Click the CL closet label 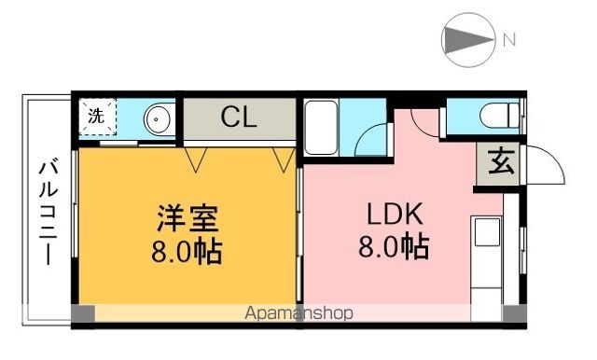pyautogui.click(x=240, y=118)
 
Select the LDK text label pyautogui.click(x=394, y=216)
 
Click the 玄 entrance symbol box pyautogui.click(x=501, y=164)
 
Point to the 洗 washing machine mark pyautogui.click(x=97, y=118)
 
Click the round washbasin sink pyautogui.click(x=158, y=119)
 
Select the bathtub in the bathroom pyautogui.click(x=321, y=130)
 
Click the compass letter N pyautogui.click(x=508, y=39)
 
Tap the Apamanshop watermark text pyautogui.click(x=298, y=313)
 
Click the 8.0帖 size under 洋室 pyautogui.click(x=187, y=252)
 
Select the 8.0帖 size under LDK pyautogui.click(x=394, y=248)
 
